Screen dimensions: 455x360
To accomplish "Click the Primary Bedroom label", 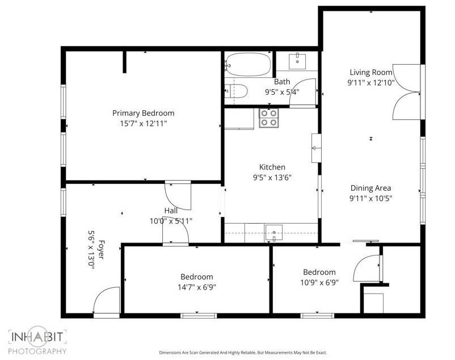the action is coord(144,113).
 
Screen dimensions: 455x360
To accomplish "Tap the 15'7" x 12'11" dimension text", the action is coord(144,124).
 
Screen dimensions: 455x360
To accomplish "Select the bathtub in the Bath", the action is coord(248,64).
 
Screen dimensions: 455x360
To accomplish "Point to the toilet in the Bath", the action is coord(236,91).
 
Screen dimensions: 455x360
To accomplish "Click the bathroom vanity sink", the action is coord(297,61).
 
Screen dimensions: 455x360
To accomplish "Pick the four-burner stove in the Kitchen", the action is coord(269,118).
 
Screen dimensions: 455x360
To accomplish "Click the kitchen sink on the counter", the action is coord(273,233).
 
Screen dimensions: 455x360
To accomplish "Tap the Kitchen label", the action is coord(272,167).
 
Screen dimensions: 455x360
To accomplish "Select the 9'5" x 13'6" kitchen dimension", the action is coord(272,177).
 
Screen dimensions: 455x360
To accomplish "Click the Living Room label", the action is coord(371,72).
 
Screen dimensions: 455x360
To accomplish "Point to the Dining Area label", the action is coord(370,188).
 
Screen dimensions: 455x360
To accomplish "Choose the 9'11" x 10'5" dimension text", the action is coord(371,199).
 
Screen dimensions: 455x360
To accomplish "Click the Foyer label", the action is coord(100,250).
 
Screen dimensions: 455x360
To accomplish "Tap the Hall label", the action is coord(171,211).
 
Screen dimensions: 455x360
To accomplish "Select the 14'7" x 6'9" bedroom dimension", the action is coord(197,287).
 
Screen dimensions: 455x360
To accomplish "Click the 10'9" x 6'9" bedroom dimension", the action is coord(319,282).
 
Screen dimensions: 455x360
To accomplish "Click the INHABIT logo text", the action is coord(37,337).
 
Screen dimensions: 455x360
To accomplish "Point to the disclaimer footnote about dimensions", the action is coord(243,353).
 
